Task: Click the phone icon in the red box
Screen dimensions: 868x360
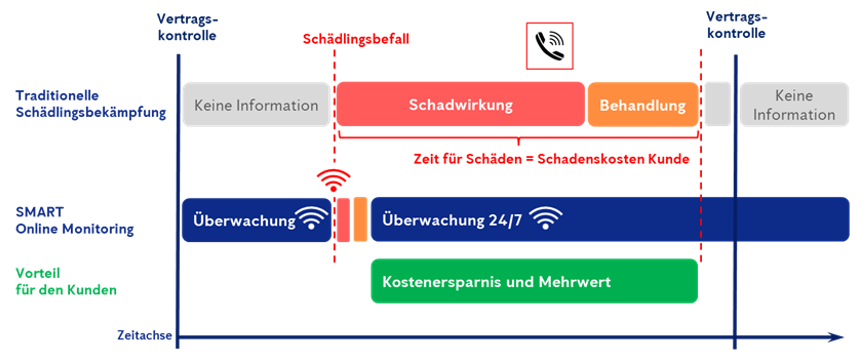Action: pyautogui.click(x=549, y=46)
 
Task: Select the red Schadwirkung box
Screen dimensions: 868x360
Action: pyautogui.click(x=461, y=104)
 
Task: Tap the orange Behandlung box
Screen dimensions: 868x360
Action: pyautogui.click(x=643, y=105)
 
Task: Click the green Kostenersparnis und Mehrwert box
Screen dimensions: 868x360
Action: pyautogui.click(x=534, y=281)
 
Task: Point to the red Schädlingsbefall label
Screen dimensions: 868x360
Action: pyautogui.click(x=356, y=39)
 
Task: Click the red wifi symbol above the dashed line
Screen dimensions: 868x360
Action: pyautogui.click(x=334, y=180)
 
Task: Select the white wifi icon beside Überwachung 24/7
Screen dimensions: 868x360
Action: pyautogui.click(x=545, y=218)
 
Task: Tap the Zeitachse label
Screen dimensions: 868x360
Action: pyautogui.click(x=144, y=335)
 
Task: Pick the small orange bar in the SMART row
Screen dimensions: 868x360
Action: pyautogui.click(x=360, y=220)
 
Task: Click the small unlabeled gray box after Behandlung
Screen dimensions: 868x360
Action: pyautogui.click(x=718, y=104)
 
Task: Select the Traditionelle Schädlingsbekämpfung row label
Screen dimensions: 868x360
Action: pyautogui.click(x=91, y=104)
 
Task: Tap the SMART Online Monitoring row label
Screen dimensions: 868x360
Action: pyautogui.click(x=74, y=220)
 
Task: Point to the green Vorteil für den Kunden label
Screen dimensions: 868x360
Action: pyautogui.click(x=66, y=281)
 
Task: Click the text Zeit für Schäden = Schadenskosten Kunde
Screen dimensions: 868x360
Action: pyautogui.click(x=551, y=159)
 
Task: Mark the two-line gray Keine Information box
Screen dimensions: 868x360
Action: pyautogui.click(x=794, y=105)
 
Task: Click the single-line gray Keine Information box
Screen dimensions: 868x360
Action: pyautogui.click(x=256, y=105)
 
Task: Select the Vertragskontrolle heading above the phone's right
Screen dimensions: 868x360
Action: pyautogui.click(x=736, y=25)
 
